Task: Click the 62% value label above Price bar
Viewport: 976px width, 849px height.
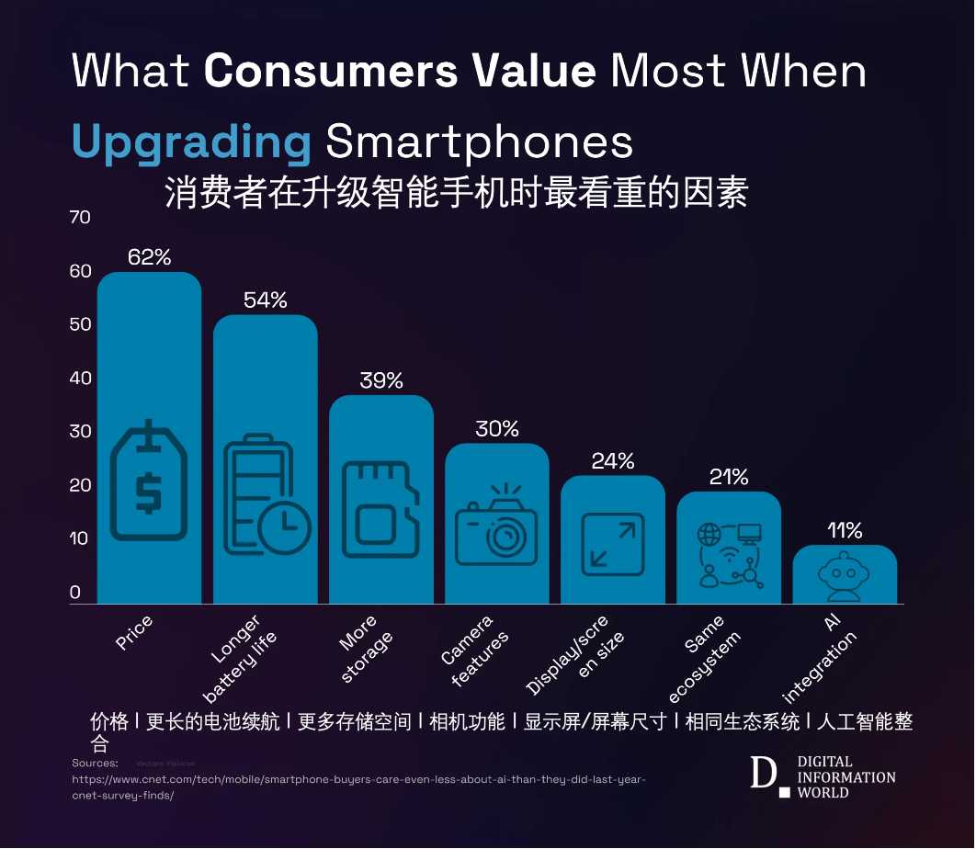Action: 149,257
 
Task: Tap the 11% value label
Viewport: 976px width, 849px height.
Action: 844,530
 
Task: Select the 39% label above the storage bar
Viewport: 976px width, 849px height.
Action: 381,380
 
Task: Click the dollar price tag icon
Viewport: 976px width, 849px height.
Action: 148,480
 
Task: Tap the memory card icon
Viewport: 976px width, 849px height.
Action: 380,510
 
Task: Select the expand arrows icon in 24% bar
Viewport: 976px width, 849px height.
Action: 613,544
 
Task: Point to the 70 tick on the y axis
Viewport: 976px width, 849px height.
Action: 81,218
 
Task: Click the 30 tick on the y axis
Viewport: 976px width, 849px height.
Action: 81,432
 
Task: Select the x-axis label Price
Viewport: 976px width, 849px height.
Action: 134,633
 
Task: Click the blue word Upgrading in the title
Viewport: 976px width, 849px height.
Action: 191,143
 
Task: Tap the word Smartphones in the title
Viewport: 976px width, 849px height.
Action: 479,142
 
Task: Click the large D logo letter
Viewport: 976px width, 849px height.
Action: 762,774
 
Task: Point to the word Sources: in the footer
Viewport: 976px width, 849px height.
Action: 95,764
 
